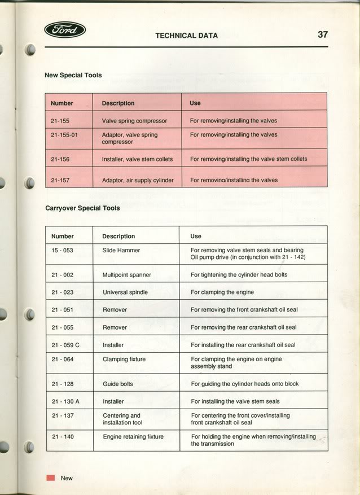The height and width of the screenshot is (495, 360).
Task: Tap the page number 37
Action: tap(322, 34)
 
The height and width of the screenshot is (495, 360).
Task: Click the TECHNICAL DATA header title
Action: tap(186, 36)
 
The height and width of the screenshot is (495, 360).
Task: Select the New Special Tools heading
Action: tap(73, 75)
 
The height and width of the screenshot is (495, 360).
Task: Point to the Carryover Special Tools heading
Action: tap(82, 208)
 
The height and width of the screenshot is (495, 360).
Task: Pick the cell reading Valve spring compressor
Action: tap(134, 121)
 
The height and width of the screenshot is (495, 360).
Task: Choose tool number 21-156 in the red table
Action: tap(60, 159)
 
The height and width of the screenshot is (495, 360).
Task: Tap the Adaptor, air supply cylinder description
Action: tap(138, 181)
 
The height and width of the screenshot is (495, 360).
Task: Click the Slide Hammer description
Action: tap(121, 250)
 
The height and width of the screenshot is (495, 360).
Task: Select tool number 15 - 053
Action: tap(62, 250)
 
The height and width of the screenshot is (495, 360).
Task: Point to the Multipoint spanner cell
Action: tap(126, 275)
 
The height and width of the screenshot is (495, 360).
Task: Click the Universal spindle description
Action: tap(125, 292)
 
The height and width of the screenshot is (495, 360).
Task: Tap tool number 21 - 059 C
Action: tap(65, 345)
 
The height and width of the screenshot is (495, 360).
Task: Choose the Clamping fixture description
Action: tap(124, 359)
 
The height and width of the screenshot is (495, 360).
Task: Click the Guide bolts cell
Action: tap(118, 384)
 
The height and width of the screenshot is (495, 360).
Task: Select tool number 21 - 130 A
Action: tap(65, 401)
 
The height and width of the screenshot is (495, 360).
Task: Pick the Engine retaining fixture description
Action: tap(133, 437)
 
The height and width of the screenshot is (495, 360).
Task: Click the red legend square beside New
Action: tap(51, 478)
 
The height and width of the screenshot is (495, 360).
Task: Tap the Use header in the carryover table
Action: tap(196, 236)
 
